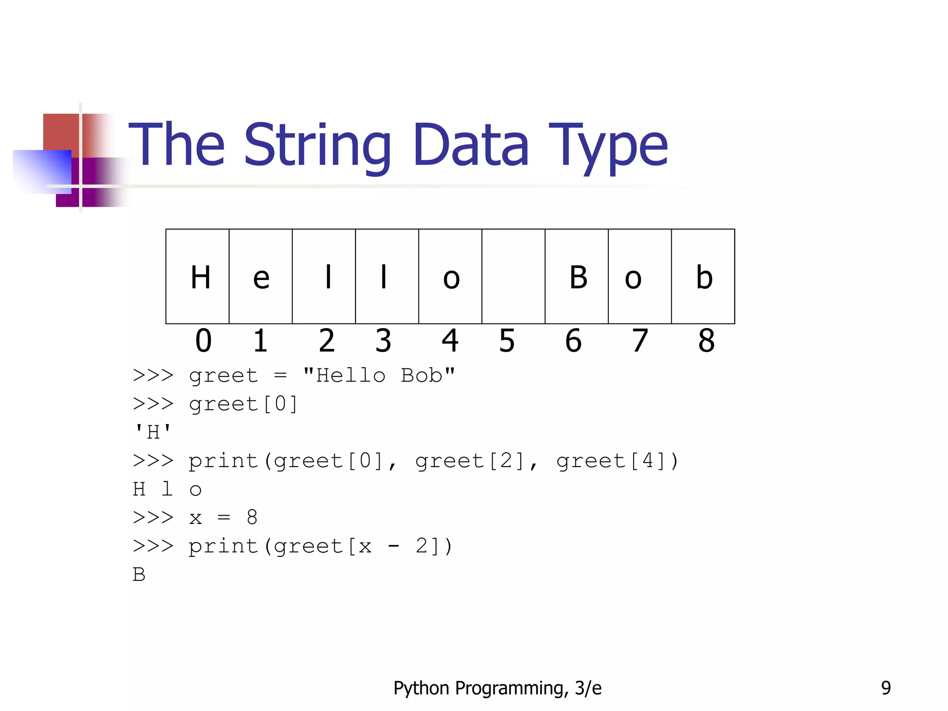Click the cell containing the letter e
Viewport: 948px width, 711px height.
261,277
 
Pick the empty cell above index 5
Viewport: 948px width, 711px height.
513,277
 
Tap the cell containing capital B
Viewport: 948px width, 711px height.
577,277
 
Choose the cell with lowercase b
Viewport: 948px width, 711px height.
703,277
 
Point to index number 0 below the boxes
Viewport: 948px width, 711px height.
203,341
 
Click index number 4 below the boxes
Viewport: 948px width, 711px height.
450,341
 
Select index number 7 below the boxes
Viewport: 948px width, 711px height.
640,341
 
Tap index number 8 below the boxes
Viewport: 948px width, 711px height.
706,341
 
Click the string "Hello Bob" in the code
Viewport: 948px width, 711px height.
379,375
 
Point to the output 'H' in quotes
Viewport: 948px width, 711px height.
153,432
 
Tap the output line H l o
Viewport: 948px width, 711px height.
167,489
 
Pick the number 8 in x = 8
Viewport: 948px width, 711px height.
252,518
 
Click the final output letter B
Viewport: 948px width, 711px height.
139,574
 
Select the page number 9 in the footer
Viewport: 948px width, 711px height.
886,688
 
